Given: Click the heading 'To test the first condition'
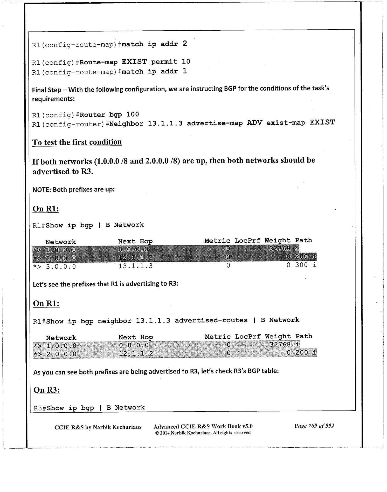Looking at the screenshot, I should pyautogui.click(x=77, y=142).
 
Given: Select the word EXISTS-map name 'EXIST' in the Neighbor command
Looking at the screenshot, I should pyautogui.click(x=322, y=122).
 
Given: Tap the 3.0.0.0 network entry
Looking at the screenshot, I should pyautogui.click(x=61, y=266).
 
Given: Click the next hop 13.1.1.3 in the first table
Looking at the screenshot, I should pyautogui.click(x=135, y=266).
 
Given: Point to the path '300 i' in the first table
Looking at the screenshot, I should pyautogui.click(x=306, y=265).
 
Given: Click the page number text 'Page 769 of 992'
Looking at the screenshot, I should pyautogui.click(x=314, y=426).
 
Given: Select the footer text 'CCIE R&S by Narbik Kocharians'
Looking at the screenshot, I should pyautogui.click(x=98, y=427).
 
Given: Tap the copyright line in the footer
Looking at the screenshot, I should pyautogui.click(x=203, y=433).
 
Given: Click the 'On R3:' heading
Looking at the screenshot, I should pyautogui.click(x=47, y=390).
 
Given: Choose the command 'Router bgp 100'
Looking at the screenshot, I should pyautogui.click(x=109, y=114).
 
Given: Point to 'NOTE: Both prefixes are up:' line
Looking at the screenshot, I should pyautogui.click(x=73, y=189).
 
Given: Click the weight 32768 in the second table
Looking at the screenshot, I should pyautogui.click(x=280, y=344).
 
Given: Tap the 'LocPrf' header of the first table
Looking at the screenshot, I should pyautogui.click(x=247, y=241).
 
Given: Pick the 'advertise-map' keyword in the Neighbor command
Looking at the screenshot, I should pyautogui.click(x=215, y=123).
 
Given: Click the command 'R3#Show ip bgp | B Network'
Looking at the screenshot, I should pyautogui.click(x=89, y=408).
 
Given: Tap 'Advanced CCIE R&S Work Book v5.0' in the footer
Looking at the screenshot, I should pyautogui.click(x=203, y=426).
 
